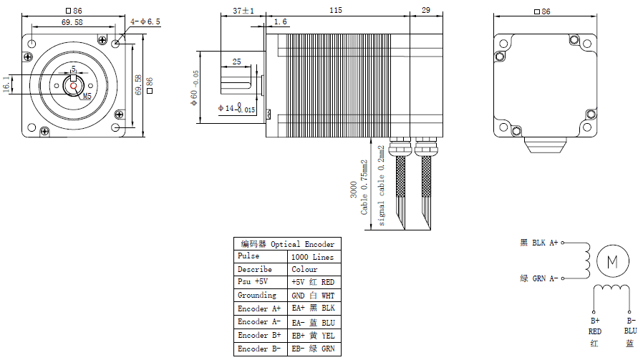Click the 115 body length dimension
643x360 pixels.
(335, 11)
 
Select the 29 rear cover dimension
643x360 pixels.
(426, 11)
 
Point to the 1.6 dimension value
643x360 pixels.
(280, 22)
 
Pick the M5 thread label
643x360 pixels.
(87, 95)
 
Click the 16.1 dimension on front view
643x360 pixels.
(7, 84)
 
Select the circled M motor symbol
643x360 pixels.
(612, 261)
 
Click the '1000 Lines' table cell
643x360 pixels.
(312, 257)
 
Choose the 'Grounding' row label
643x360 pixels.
(256, 296)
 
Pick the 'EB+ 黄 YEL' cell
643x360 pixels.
(312, 336)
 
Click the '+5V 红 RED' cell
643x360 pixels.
(312, 283)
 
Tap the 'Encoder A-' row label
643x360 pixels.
(258, 322)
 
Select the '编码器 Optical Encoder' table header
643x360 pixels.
(287, 244)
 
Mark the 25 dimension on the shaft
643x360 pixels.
(236, 62)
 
